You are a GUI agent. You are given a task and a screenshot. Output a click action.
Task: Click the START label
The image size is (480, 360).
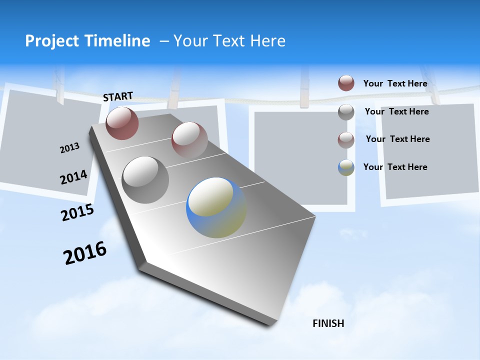click(118, 96)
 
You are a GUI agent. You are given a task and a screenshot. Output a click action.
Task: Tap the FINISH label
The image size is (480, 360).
click(328, 323)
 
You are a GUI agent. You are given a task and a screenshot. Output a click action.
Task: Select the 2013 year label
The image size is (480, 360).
click(69, 148)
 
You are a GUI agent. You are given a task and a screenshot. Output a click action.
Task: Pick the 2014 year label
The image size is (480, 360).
click(73, 177)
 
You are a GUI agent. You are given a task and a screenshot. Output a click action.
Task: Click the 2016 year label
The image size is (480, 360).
click(85, 252)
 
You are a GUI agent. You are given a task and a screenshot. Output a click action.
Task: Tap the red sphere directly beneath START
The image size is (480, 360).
click(122, 123)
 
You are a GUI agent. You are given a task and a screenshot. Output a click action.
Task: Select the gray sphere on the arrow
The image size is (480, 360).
click(145, 180)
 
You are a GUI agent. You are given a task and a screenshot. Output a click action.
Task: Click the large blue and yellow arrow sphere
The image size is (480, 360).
click(216, 207)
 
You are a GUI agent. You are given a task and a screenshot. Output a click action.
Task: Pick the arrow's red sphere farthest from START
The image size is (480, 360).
click(189, 139)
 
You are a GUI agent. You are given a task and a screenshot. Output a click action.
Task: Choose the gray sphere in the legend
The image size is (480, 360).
click(346, 112)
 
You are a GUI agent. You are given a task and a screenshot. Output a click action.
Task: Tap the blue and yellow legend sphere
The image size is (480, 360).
click(346, 167)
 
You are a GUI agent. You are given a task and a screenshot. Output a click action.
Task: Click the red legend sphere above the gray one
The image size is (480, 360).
click(346, 83)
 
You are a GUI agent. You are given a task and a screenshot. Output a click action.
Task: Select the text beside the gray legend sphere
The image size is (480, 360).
click(396, 111)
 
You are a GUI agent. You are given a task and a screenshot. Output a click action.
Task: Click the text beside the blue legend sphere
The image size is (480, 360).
click(395, 167)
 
